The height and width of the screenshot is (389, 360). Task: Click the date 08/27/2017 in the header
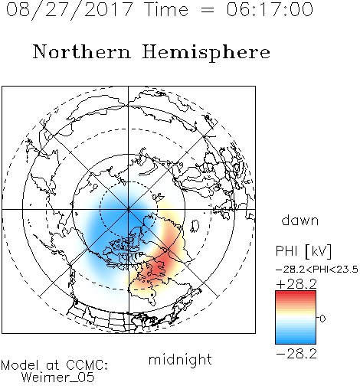[69, 10]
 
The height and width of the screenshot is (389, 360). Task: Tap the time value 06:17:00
[270, 9]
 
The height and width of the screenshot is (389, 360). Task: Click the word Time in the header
[166, 9]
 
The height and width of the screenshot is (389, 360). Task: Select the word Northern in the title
[82, 52]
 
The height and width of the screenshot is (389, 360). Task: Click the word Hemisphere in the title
[206, 53]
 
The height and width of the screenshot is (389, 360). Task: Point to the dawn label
[300, 220]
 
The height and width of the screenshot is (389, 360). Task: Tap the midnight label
[180, 359]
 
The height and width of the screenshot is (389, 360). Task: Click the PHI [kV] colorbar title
[303, 251]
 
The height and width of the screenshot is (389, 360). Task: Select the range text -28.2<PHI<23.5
[317, 270]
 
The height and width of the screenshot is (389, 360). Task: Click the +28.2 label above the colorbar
[296, 284]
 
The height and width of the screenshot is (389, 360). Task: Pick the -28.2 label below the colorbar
[296, 354]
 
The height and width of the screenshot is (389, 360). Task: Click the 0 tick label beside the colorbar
[322, 319]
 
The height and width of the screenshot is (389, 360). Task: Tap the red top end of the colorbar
[296, 293]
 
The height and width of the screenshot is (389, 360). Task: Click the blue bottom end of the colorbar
[296, 342]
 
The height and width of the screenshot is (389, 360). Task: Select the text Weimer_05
[57, 378]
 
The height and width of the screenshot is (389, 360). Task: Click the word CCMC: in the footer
[87, 365]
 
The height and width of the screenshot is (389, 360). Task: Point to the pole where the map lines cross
[128, 209]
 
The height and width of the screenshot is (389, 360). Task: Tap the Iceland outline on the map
[195, 226]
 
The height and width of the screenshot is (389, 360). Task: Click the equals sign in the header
[208, 10]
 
